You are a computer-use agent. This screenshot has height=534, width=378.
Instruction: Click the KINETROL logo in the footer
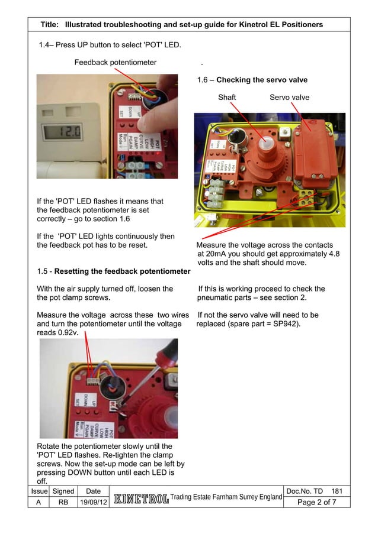pos(140,498)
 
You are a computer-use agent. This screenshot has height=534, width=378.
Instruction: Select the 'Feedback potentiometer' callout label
pos(115,62)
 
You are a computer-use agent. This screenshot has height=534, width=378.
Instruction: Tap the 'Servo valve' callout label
pos(289,97)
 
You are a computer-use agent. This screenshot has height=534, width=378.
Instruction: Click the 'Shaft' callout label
pos(227,97)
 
